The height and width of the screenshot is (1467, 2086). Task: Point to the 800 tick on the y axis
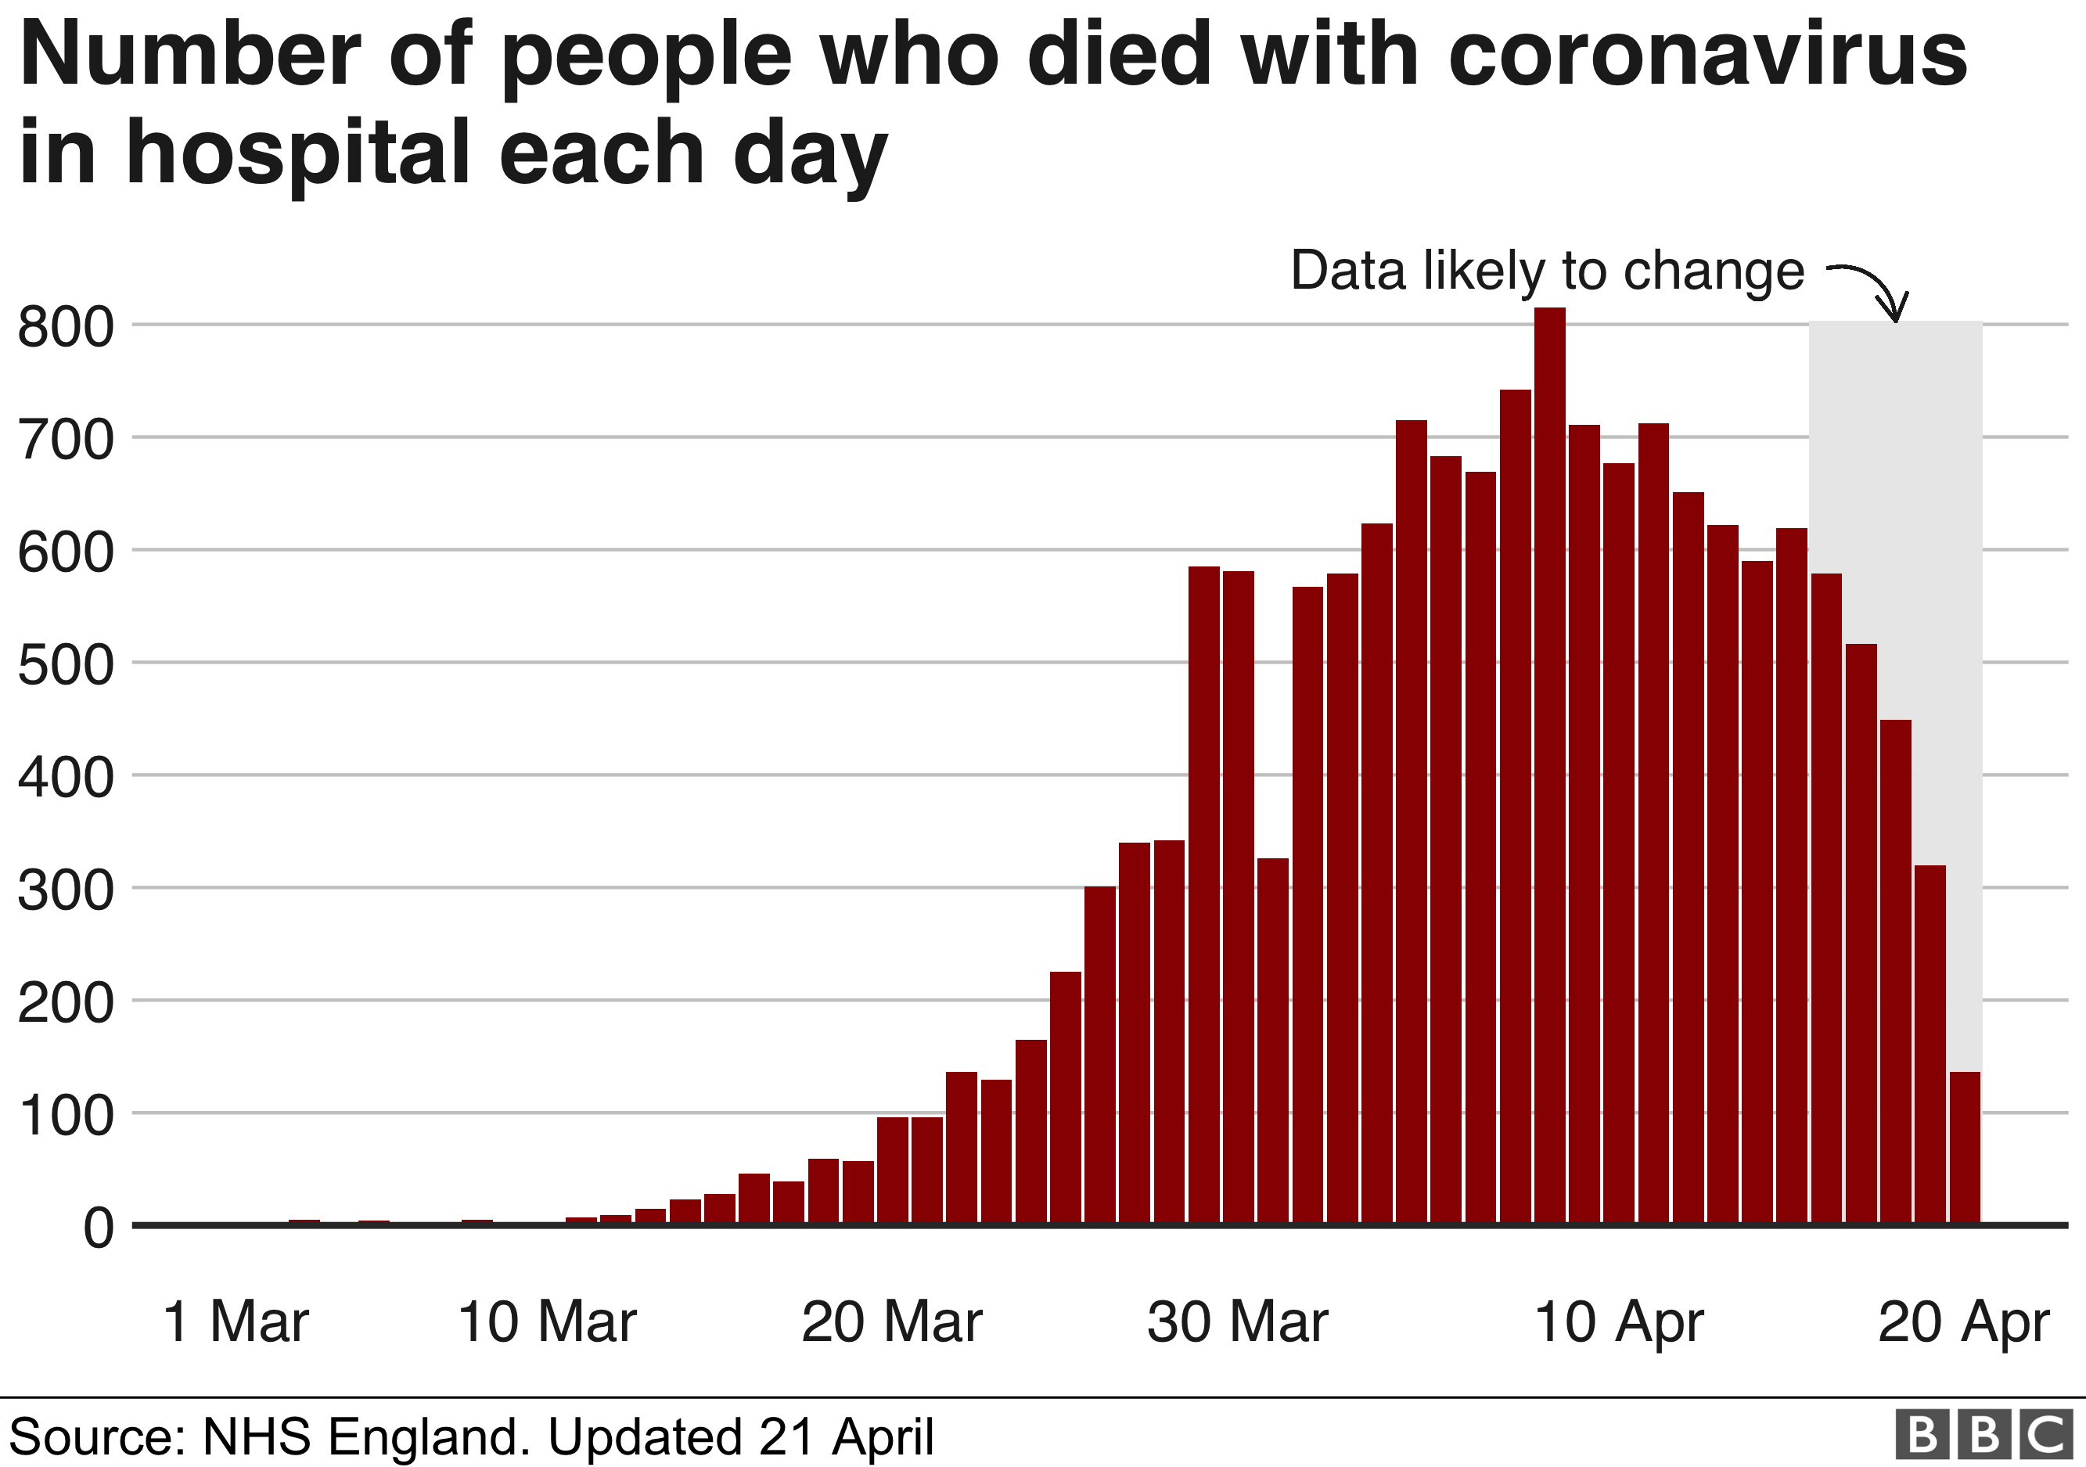(66, 327)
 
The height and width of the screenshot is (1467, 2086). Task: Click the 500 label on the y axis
(66, 665)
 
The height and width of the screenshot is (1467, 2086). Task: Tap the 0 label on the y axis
(98, 1228)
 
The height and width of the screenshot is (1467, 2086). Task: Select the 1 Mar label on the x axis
(236, 1321)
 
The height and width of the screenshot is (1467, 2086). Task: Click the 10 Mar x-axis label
(546, 1321)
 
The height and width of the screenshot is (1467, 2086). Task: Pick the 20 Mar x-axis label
(891, 1321)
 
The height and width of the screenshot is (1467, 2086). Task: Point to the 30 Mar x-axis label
(1236, 1321)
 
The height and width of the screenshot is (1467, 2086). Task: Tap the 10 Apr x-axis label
(1618, 1321)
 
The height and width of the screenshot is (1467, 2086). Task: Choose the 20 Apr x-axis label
(1963, 1321)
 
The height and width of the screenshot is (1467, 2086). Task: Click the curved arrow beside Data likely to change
(1873, 289)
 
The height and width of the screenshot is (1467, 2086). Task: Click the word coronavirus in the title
(1707, 56)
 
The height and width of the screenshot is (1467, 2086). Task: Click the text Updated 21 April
(740, 1437)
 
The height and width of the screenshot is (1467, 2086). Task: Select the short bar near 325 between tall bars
(1273, 1041)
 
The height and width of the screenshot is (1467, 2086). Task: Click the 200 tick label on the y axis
(66, 1003)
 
